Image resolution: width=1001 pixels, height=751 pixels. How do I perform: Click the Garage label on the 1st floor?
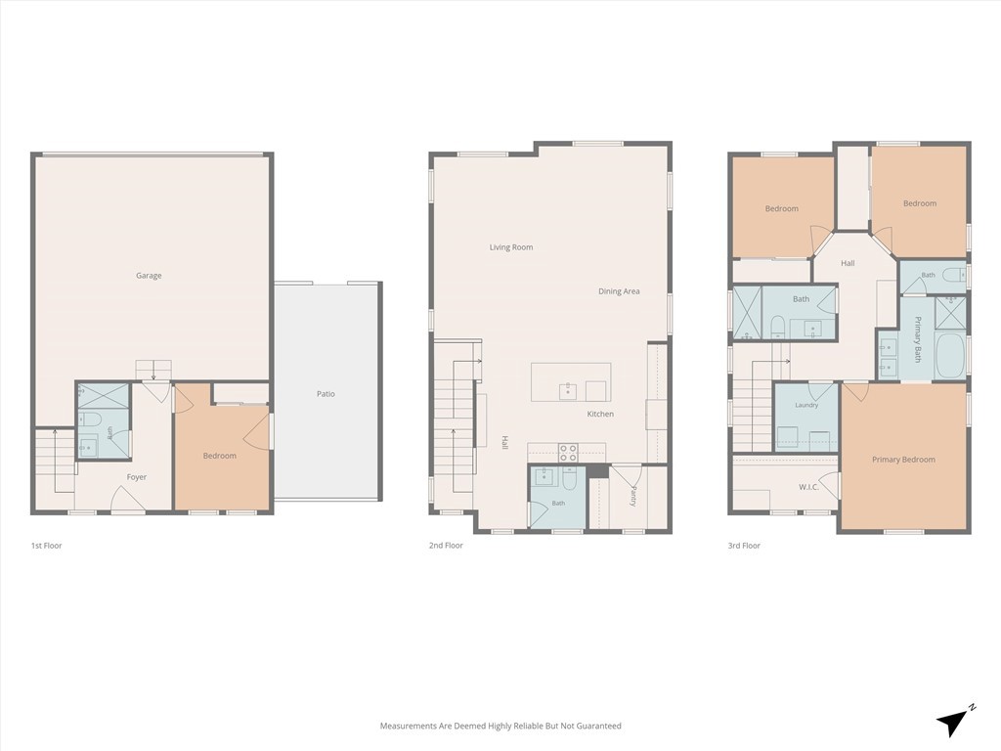pyautogui.click(x=149, y=276)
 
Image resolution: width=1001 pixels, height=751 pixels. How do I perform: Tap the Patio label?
pyautogui.click(x=326, y=394)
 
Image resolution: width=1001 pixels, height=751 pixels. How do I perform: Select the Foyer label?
pyautogui.click(x=137, y=477)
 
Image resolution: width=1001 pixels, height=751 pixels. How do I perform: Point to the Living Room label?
pyautogui.click(x=511, y=247)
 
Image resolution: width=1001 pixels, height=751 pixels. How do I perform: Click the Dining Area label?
pyautogui.click(x=619, y=291)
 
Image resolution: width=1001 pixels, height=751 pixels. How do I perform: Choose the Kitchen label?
pyautogui.click(x=601, y=414)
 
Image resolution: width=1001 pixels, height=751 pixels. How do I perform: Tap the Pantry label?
pyautogui.click(x=633, y=496)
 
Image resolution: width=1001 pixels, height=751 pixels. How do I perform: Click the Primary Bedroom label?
pyautogui.click(x=904, y=460)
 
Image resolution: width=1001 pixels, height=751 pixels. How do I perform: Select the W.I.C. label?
pyautogui.click(x=808, y=487)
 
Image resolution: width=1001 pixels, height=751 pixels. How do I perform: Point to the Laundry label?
pyautogui.click(x=806, y=405)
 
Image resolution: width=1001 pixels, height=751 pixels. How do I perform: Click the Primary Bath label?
pyautogui.click(x=918, y=339)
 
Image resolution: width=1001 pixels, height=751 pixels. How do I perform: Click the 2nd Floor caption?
pyautogui.click(x=446, y=546)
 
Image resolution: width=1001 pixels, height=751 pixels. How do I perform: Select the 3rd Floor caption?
pyautogui.click(x=744, y=546)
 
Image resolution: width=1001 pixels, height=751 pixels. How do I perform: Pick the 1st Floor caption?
pyautogui.click(x=47, y=546)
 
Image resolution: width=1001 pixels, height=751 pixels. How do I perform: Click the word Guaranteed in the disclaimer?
pyautogui.click(x=599, y=727)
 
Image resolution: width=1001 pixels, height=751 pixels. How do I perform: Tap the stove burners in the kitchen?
pyautogui.click(x=568, y=453)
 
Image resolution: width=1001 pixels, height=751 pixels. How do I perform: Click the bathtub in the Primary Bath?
pyautogui.click(x=950, y=356)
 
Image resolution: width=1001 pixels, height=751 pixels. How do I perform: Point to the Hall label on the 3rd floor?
pyautogui.click(x=848, y=263)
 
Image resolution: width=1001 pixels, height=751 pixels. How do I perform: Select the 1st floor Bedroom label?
pyautogui.click(x=220, y=456)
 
